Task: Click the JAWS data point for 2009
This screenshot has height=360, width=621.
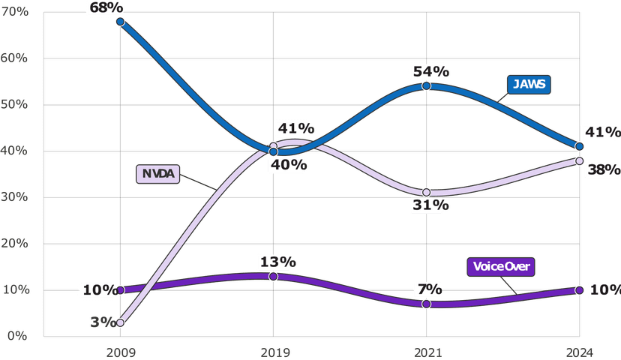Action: tap(120, 22)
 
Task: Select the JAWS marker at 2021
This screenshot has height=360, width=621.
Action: tap(426, 86)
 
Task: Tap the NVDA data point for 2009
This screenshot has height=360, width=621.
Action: tap(120, 322)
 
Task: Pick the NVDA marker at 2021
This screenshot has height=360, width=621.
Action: tap(426, 193)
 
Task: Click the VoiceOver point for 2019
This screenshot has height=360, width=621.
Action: tap(273, 277)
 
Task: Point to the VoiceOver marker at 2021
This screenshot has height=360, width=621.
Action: tap(426, 304)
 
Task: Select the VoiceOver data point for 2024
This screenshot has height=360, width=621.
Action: tap(579, 290)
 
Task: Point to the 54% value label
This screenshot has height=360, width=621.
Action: tap(430, 72)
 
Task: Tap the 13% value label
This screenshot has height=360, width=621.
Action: tap(277, 262)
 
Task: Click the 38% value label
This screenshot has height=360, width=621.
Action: tap(604, 169)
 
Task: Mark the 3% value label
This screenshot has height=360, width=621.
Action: tap(103, 322)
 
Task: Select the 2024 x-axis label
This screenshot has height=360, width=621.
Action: tap(579, 351)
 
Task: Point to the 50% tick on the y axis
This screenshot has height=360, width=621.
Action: tap(14, 104)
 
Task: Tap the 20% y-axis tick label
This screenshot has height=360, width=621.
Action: tap(14, 244)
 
